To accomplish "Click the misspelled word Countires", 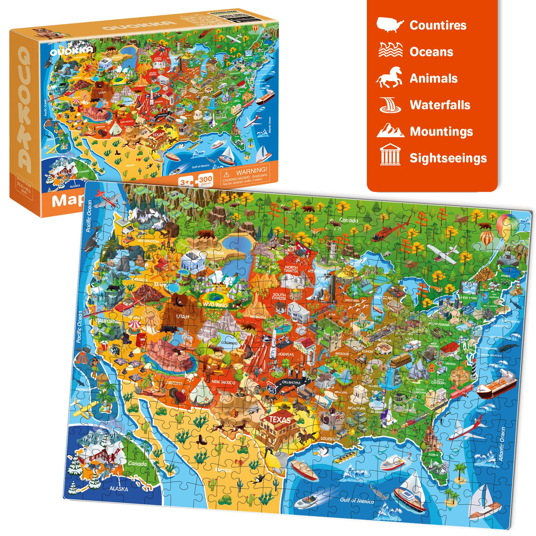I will (x=438, y=25).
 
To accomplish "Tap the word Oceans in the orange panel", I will (x=431, y=52).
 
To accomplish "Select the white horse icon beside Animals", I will (x=389, y=78).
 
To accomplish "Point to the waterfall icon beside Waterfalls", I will (x=390, y=105).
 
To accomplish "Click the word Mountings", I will (x=441, y=132).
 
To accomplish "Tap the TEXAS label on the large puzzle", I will (x=279, y=419).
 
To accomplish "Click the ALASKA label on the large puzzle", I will (x=118, y=489).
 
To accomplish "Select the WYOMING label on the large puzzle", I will (x=216, y=305).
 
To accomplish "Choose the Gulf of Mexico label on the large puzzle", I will (x=357, y=500).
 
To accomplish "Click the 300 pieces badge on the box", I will (x=206, y=180).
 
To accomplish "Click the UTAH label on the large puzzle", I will (x=182, y=317).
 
